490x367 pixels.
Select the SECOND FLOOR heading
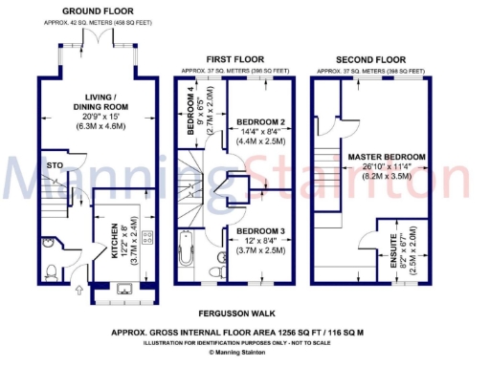[x=373, y=58]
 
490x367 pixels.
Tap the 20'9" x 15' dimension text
[x=100, y=116]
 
